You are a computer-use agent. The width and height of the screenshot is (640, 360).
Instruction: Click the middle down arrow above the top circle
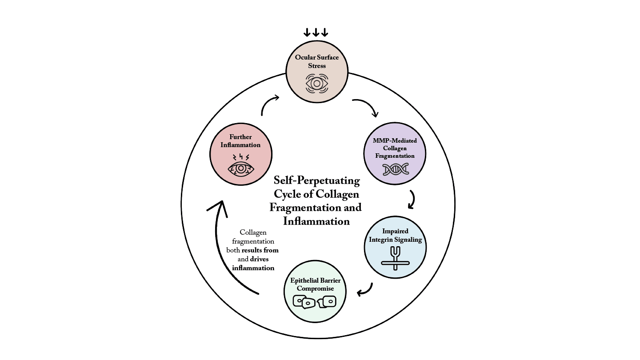[x=316, y=32]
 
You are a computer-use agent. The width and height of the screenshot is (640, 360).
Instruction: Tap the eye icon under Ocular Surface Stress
[x=316, y=83]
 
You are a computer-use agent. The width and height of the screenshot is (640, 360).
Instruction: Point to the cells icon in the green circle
[x=315, y=302]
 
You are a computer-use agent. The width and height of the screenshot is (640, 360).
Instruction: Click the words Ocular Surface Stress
[x=316, y=61]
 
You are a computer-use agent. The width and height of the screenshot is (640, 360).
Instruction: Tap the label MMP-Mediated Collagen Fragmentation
[x=395, y=148]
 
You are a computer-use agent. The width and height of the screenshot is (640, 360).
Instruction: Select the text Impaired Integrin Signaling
[x=395, y=236]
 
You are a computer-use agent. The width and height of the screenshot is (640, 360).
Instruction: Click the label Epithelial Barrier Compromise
[x=315, y=284]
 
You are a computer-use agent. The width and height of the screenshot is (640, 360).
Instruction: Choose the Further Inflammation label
[x=240, y=141]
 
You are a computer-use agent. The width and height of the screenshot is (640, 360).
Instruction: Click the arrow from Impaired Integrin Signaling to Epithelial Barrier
[x=366, y=290]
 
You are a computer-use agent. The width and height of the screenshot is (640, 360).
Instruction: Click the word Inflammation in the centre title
[x=316, y=221]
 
